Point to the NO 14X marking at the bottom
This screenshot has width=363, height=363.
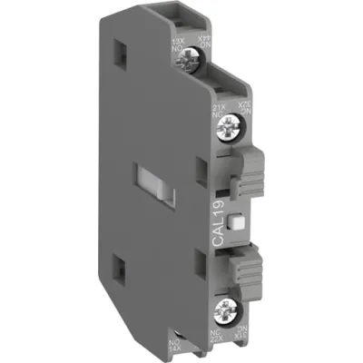coord(199,343)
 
